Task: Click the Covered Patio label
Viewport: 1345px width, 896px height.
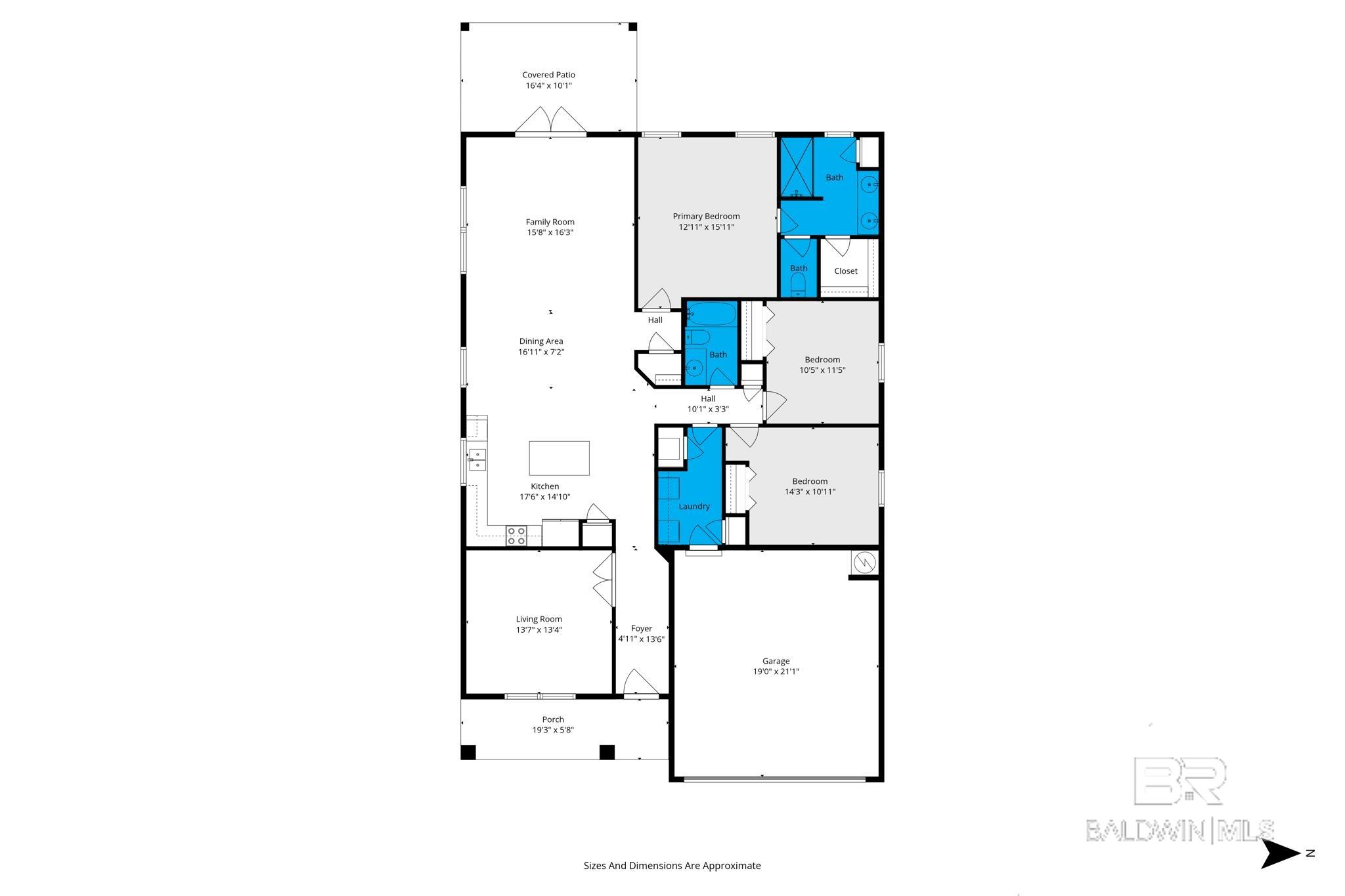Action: tap(548, 75)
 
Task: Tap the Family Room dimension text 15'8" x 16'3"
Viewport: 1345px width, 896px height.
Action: tap(550, 232)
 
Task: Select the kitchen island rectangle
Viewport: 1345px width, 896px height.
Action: tap(559, 458)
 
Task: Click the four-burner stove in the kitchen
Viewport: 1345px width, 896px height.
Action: tap(517, 536)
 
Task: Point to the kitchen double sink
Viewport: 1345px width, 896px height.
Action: tap(477, 459)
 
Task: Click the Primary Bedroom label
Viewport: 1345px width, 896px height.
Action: tap(706, 216)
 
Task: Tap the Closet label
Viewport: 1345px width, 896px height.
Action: tap(846, 271)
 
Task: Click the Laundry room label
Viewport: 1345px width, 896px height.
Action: tap(694, 506)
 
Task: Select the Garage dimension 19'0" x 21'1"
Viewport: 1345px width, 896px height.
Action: tap(776, 672)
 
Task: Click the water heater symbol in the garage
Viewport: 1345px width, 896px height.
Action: tap(864, 563)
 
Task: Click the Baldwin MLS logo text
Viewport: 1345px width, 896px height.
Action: tap(1180, 830)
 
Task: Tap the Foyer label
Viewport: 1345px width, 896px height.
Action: tap(642, 628)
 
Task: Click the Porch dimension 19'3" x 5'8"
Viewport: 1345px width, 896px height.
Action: tap(553, 730)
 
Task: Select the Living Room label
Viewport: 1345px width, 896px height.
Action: tap(539, 619)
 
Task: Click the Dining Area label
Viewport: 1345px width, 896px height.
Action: tap(541, 341)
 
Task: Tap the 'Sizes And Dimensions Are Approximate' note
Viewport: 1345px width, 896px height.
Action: tap(672, 866)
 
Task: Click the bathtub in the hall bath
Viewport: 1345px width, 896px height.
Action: tap(711, 314)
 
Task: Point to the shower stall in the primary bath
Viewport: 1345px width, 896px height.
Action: tap(797, 167)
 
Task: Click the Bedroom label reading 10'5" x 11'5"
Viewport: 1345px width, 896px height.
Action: tap(822, 360)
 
